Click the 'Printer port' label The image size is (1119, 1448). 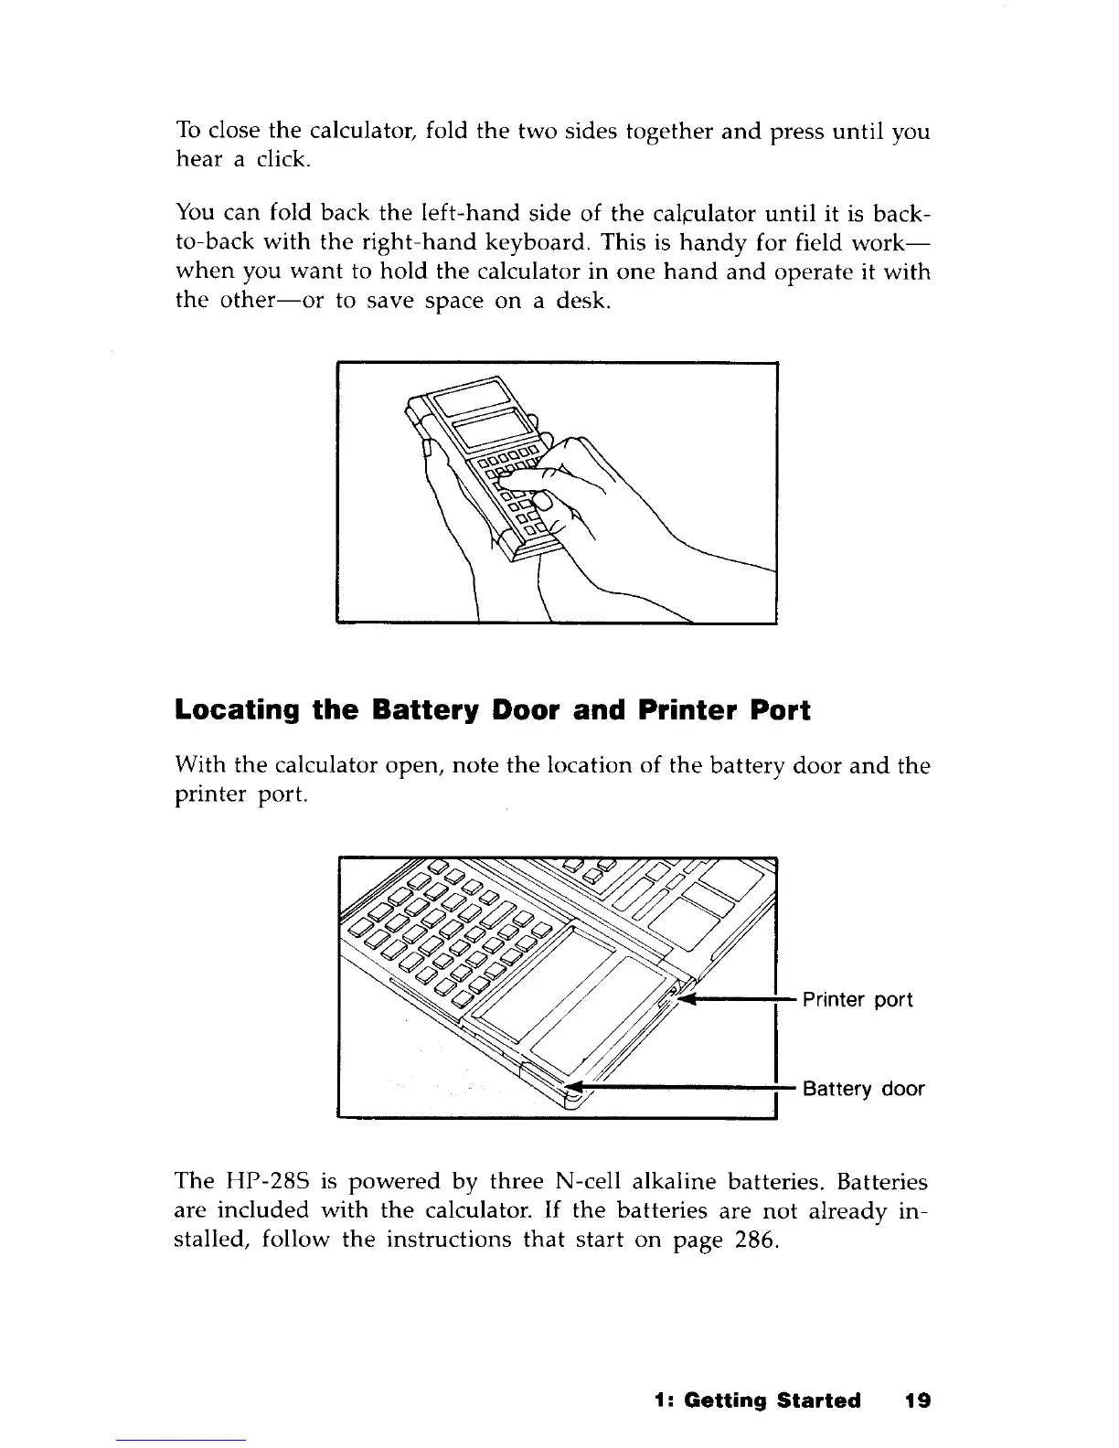point(857,1000)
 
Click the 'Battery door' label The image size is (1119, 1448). point(863,1089)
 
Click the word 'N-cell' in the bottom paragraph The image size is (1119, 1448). point(583,1183)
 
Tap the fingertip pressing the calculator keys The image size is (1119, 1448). point(543,501)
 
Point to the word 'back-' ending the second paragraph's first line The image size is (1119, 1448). point(900,215)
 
